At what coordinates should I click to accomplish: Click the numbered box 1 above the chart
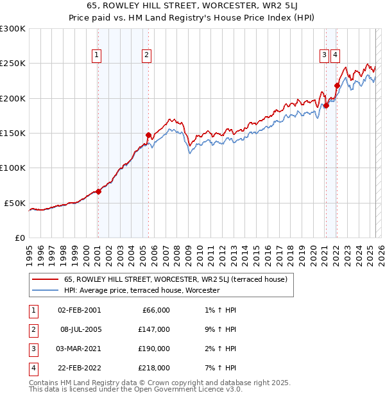[x=97, y=55]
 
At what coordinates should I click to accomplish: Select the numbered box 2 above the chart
[x=147, y=55]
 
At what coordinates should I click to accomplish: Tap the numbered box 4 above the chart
[x=336, y=55]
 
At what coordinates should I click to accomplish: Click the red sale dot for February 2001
[x=98, y=191]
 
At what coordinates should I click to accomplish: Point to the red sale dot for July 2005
[x=148, y=135]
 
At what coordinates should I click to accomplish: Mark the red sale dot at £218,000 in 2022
[x=337, y=85]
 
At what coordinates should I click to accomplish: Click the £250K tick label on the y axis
[x=13, y=64]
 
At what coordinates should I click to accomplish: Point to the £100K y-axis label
[x=13, y=168]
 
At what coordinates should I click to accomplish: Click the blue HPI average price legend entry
[x=142, y=290]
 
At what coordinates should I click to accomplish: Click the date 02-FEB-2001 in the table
[x=79, y=310]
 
